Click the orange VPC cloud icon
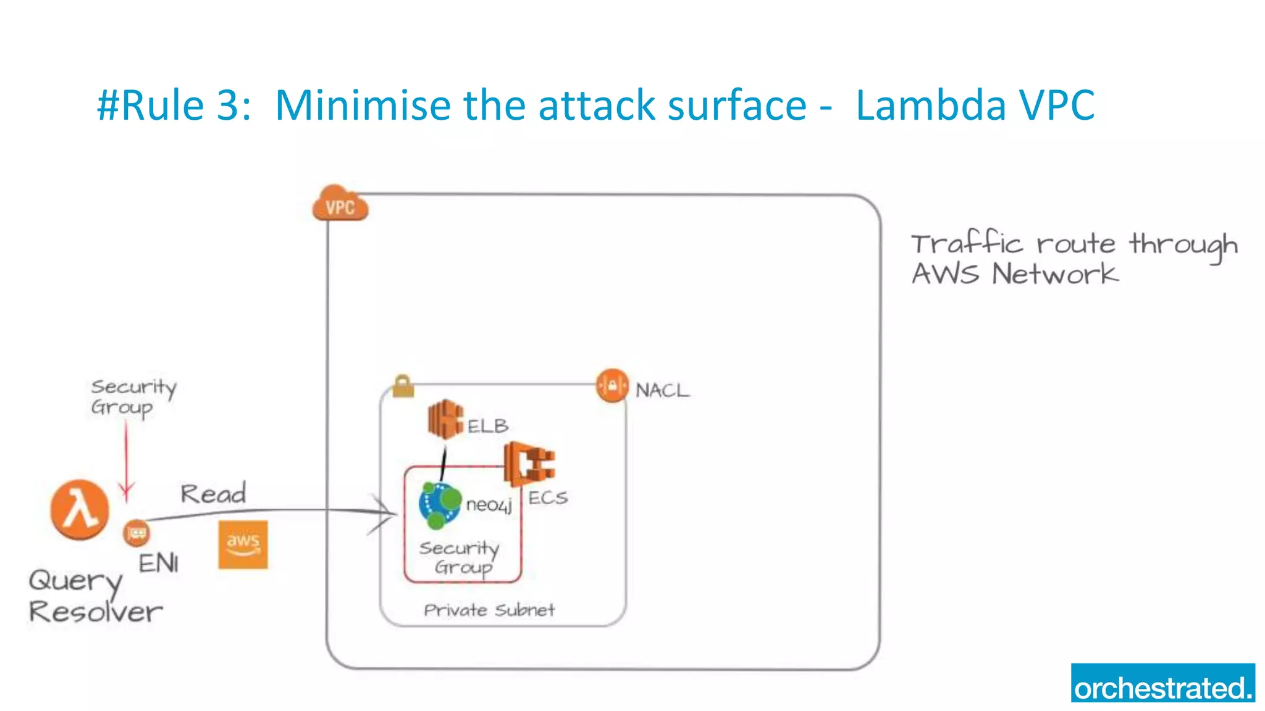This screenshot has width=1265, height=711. tap(340, 204)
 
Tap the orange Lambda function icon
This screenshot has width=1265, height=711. tap(80, 510)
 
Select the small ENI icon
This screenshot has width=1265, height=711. tap(137, 533)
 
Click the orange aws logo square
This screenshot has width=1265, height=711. tap(243, 544)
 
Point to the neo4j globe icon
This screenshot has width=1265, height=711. tap(439, 505)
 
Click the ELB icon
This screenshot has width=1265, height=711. tap(445, 419)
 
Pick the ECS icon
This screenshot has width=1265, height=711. tap(529, 464)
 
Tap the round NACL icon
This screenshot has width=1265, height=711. tap(612, 386)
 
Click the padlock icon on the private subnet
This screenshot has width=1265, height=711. tap(403, 386)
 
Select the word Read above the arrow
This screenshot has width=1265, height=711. tap(213, 494)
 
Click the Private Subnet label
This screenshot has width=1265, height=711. tap(489, 610)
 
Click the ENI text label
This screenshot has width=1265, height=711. tap(158, 563)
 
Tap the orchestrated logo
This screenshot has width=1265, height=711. tap(1162, 683)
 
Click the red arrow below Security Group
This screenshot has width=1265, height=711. tap(126, 463)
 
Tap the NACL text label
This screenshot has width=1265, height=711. tap(662, 390)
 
